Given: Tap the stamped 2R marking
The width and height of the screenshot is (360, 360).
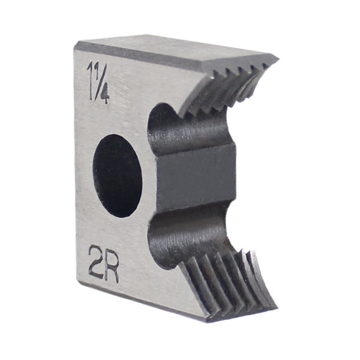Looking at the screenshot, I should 103,269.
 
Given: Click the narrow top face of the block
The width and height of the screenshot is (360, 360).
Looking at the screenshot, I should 174,51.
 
